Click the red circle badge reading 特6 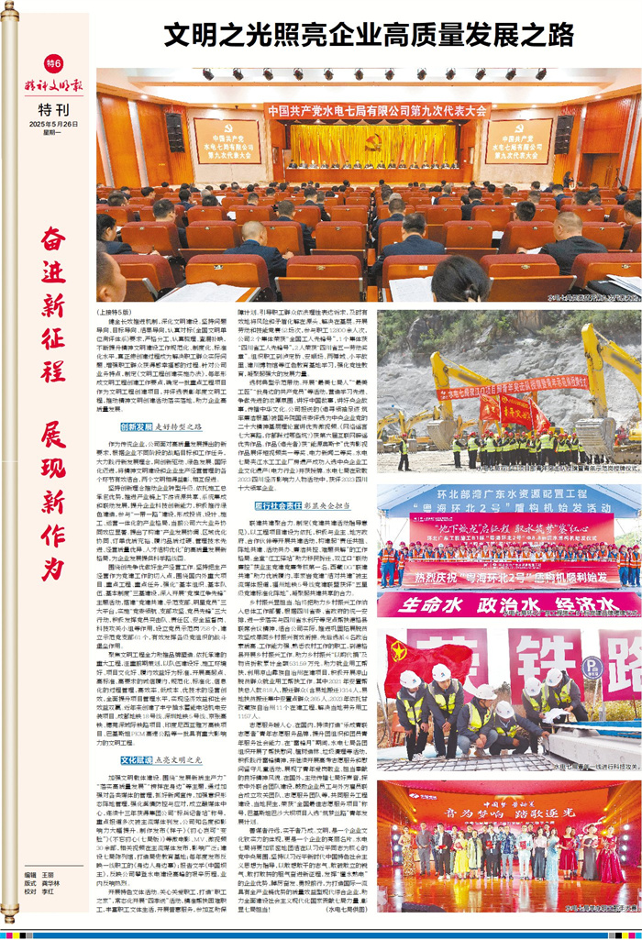(x=53, y=63)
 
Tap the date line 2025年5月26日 (x=53, y=124)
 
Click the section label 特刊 (x=53, y=108)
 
